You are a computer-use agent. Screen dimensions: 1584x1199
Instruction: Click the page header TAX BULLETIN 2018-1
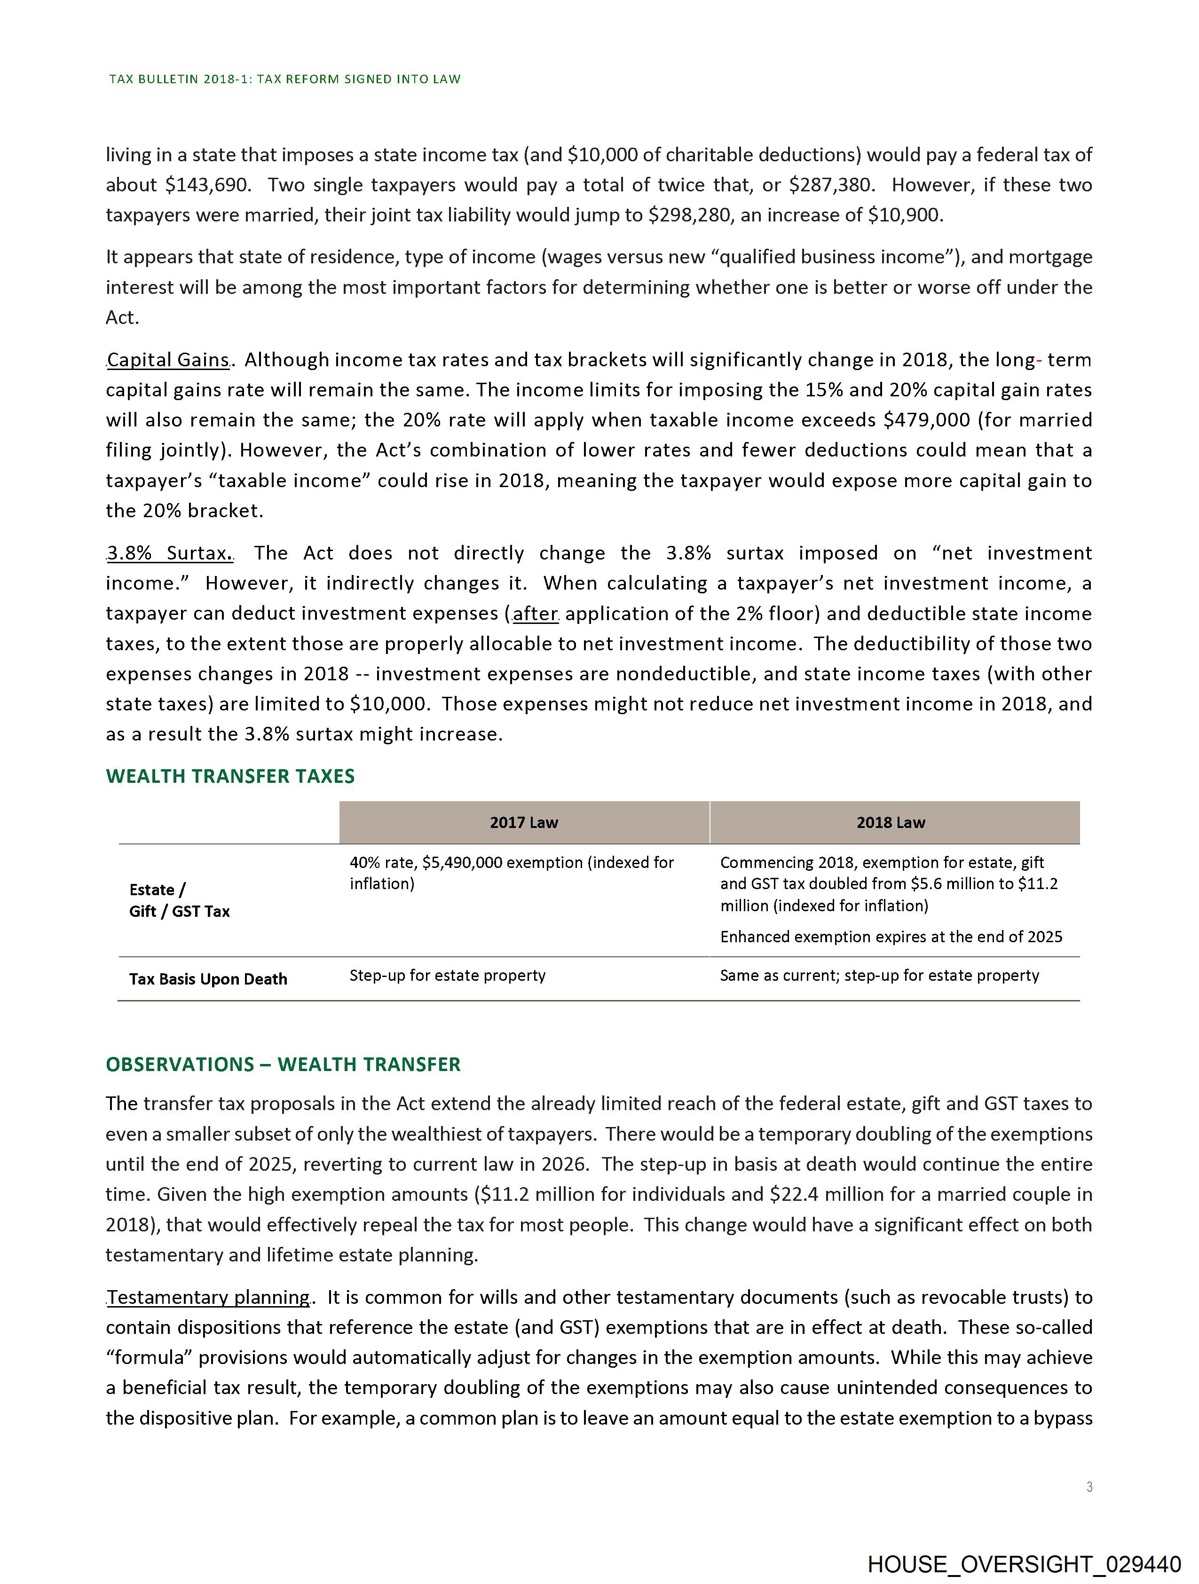click(x=284, y=79)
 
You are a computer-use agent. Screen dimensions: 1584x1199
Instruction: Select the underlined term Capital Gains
click(x=168, y=360)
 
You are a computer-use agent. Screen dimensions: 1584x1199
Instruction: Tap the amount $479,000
click(x=926, y=420)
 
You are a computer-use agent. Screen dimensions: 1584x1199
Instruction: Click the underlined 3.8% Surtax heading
click(x=169, y=553)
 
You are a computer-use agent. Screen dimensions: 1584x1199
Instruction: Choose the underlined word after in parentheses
click(x=535, y=614)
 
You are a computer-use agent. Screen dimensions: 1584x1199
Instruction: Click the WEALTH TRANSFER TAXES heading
click(x=230, y=776)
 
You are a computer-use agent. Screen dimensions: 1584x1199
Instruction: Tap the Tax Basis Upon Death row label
click(x=208, y=979)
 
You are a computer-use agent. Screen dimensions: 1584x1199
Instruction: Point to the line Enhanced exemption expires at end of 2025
click(x=891, y=937)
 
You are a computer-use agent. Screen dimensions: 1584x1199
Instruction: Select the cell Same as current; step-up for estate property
click(x=879, y=975)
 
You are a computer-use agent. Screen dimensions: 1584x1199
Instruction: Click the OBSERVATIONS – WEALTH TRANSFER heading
click(x=283, y=1064)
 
